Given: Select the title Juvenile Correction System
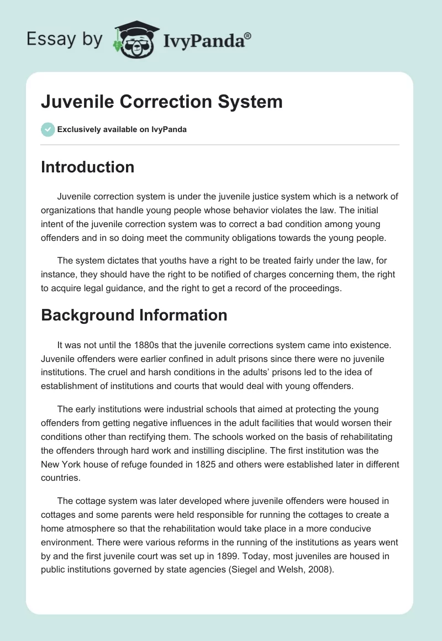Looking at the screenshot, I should (162, 102).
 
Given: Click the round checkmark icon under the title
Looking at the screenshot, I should (48, 129).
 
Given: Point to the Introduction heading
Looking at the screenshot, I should (87, 167).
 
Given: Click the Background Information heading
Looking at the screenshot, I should (134, 315).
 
